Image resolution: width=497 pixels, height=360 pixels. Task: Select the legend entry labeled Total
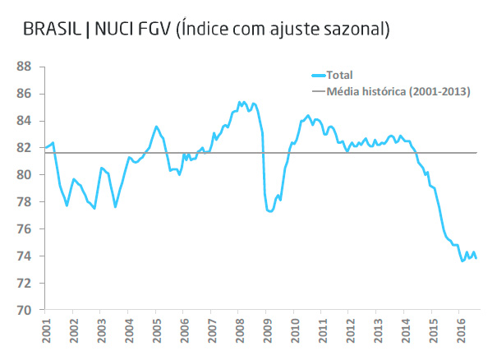pos(339,75)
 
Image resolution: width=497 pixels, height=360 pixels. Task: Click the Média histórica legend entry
pos(398,90)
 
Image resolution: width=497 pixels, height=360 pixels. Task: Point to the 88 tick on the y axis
pos(25,67)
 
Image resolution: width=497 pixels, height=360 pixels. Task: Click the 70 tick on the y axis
pos(25,310)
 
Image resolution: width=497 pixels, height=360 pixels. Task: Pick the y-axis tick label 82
pos(25,148)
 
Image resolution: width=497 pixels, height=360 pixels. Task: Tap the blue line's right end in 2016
pos(476,257)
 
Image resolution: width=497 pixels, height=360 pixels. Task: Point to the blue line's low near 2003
pos(94,208)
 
